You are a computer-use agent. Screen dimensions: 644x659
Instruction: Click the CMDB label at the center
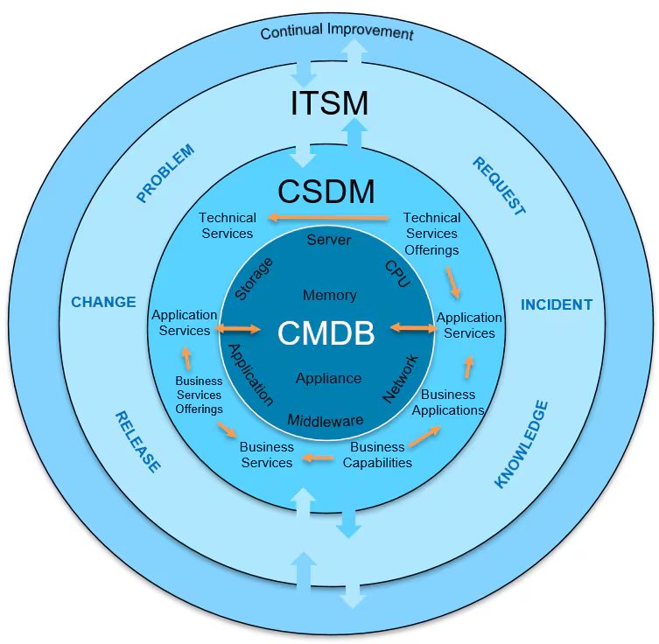(326, 333)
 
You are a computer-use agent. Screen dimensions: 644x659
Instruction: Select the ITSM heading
(329, 103)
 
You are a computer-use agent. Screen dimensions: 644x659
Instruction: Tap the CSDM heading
(326, 190)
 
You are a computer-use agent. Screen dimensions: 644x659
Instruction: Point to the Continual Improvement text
(337, 31)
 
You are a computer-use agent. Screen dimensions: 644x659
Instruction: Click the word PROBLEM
(165, 174)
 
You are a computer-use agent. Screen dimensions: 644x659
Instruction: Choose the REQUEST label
(499, 186)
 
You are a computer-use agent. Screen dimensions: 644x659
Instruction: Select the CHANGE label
(103, 302)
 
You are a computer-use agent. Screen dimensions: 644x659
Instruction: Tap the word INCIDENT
(557, 304)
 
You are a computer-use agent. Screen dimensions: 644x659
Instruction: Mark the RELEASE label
(138, 442)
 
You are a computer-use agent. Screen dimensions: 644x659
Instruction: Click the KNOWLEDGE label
(522, 444)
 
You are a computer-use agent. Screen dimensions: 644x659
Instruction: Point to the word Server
(329, 239)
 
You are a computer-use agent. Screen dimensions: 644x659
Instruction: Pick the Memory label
(329, 295)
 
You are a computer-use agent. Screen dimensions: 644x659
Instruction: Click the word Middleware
(326, 420)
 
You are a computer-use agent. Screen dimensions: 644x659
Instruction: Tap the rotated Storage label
(255, 278)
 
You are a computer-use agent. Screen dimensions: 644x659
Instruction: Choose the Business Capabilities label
(377, 454)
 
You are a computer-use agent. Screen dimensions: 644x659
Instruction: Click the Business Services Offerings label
(199, 395)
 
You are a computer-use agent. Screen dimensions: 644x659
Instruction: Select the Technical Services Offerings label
(431, 234)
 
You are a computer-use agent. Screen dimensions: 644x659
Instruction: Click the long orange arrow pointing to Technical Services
(327, 217)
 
